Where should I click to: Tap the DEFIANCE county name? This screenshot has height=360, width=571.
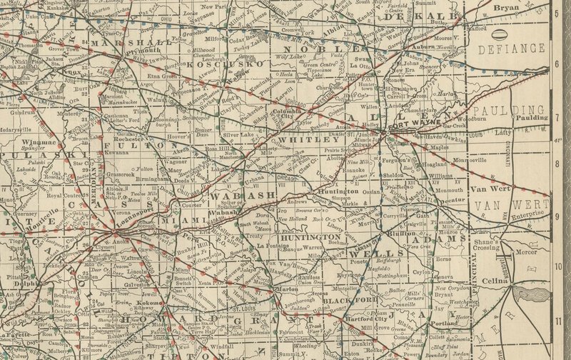click(512, 50)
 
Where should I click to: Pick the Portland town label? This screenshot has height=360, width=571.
click(443, 323)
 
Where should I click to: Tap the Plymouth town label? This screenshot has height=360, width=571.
click(145, 52)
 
